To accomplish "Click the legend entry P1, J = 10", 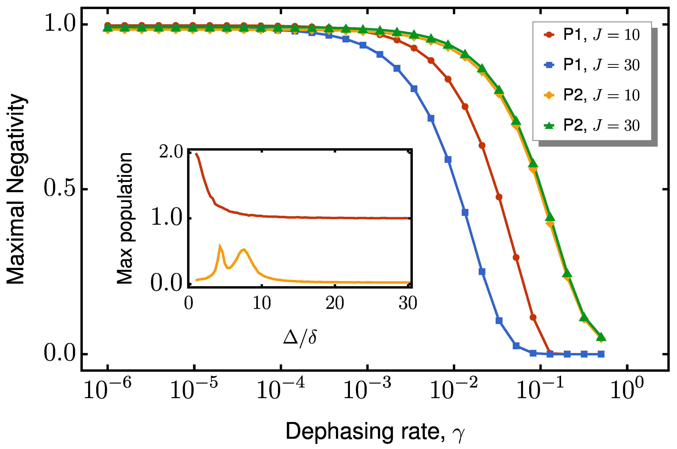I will click(591, 35).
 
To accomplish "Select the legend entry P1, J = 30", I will click(591, 65).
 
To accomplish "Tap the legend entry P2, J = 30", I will click(591, 125).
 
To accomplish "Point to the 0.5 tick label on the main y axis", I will click(59, 189).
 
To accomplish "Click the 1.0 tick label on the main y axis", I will click(59, 24).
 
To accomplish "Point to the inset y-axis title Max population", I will click(125, 218).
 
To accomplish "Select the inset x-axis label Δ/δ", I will click(300, 338).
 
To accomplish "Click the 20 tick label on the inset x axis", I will click(335, 303).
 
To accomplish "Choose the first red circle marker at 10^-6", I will click(108, 25).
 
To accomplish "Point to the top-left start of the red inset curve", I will click(196, 154).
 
